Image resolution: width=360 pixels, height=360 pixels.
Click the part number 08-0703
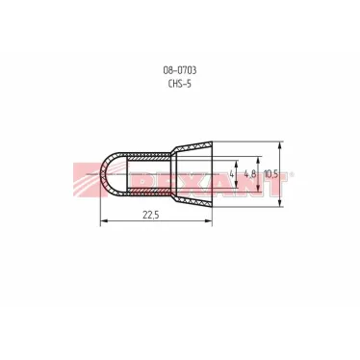pyautogui.click(x=180, y=70)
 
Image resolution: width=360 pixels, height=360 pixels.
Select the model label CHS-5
pyautogui.click(x=180, y=84)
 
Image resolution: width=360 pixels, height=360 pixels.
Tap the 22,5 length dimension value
pyautogui.click(x=151, y=215)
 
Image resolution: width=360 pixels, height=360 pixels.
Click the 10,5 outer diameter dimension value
pyautogui.click(x=270, y=174)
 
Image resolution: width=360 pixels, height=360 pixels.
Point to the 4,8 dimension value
pyautogui.click(x=250, y=174)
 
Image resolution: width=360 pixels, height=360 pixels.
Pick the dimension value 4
pyautogui.click(x=232, y=174)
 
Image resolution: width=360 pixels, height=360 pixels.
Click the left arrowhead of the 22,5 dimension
pyautogui.click(x=104, y=220)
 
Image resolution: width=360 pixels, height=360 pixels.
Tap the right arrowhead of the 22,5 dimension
pyautogui.click(x=209, y=220)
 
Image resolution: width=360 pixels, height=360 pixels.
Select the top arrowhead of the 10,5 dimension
pyautogui.click(x=280, y=145)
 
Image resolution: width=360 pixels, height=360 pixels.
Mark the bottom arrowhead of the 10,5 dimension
pyautogui.click(x=280, y=203)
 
